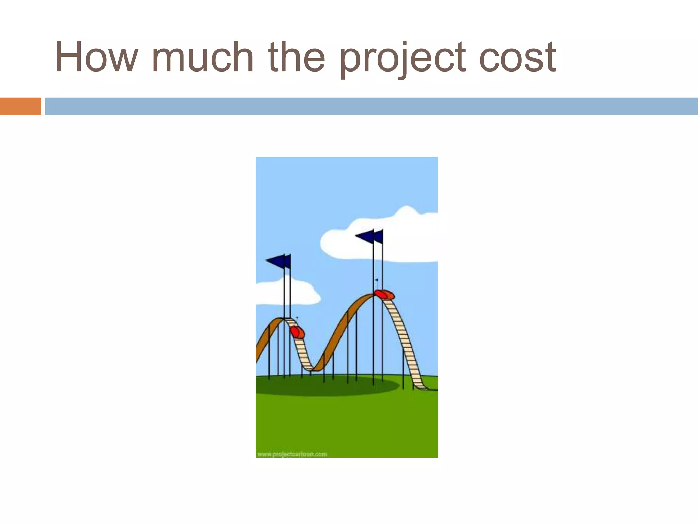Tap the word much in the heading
203,57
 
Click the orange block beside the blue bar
20,106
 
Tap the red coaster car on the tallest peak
384,294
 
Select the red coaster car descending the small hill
297,332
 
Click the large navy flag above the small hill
277,261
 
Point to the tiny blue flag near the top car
376,280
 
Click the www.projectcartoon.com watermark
292,454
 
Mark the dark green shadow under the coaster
327,386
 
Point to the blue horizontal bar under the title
371,106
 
